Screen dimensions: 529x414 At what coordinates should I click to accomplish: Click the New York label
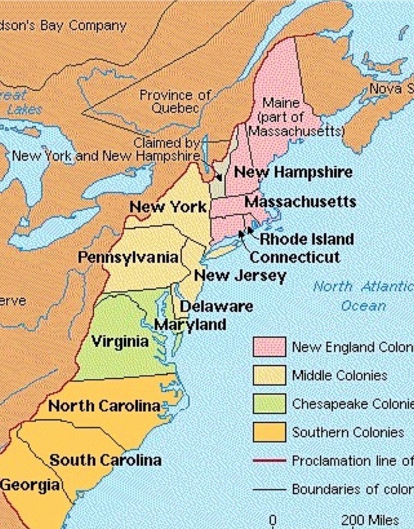pos(168,207)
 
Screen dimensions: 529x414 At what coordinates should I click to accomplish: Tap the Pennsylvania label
pos(129,257)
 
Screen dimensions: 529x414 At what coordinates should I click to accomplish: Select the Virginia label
pos(120,341)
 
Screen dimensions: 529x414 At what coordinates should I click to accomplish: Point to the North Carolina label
pos(104,405)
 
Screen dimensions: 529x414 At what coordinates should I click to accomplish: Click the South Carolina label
pos(106,460)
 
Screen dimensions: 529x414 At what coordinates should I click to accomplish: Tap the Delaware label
pos(217,307)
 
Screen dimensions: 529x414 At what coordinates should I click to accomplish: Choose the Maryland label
pos(190,325)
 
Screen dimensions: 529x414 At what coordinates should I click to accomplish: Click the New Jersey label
pos(240,275)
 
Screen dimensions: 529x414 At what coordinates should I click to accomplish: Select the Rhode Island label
pos(306,239)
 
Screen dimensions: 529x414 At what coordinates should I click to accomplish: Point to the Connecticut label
pos(295,257)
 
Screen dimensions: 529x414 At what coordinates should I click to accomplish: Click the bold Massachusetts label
pos(300,201)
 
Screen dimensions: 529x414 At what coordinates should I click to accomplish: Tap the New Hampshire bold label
pos(293,172)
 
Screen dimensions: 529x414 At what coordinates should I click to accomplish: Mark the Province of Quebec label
pos(174,101)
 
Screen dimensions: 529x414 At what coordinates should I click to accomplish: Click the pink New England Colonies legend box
pos(269,346)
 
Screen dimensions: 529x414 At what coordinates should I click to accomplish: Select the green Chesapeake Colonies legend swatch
pos(269,403)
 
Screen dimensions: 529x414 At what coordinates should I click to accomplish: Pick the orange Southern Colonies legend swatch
pos(269,432)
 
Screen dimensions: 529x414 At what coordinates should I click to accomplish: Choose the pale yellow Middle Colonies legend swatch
pos(269,375)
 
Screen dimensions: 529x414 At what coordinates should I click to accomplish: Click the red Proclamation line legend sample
pos(269,460)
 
